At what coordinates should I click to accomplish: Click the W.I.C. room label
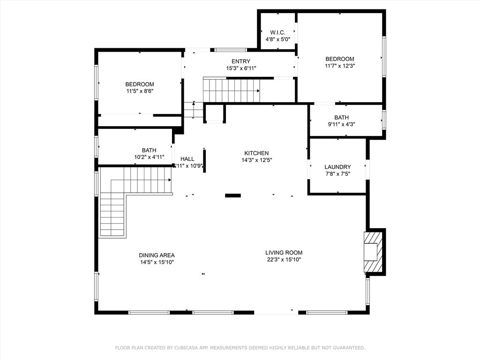click(x=277, y=32)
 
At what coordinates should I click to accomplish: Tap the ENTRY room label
click(x=240, y=61)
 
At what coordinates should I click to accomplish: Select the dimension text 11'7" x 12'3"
click(x=339, y=66)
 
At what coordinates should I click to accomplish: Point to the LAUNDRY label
click(x=337, y=167)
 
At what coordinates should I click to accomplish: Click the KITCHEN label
click(x=256, y=153)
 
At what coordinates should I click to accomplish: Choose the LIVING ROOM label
click(x=284, y=253)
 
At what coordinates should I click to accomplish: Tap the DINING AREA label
click(x=157, y=255)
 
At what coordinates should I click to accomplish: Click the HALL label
click(x=187, y=159)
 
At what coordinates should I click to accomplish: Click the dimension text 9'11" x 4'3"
click(x=341, y=125)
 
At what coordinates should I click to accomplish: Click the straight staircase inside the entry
click(x=231, y=90)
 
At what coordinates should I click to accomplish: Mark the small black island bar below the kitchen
click(x=233, y=195)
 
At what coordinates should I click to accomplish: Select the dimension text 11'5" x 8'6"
click(x=139, y=91)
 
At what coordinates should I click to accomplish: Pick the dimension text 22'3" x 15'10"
click(x=284, y=259)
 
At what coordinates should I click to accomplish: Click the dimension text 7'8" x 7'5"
click(x=337, y=174)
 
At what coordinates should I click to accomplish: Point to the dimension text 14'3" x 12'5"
click(x=256, y=160)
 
